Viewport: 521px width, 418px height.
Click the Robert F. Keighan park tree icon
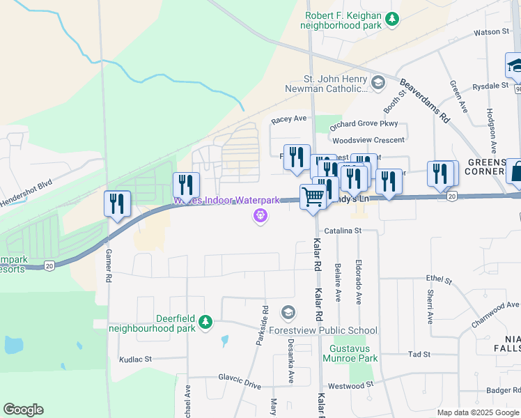(393, 19)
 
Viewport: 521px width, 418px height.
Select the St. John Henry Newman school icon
(378, 84)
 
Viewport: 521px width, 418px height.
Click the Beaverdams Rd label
(425, 100)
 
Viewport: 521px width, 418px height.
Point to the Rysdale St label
(490, 86)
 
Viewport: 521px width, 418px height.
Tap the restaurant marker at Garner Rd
(117, 203)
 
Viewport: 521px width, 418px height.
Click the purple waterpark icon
(260, 217)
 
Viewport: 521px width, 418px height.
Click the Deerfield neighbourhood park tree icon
(205, 322)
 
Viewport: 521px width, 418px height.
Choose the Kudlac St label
(135, 359)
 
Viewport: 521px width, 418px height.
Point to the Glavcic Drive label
(239, 385)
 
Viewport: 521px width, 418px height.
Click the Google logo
(23, 410)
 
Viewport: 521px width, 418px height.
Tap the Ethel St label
(440, 279)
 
